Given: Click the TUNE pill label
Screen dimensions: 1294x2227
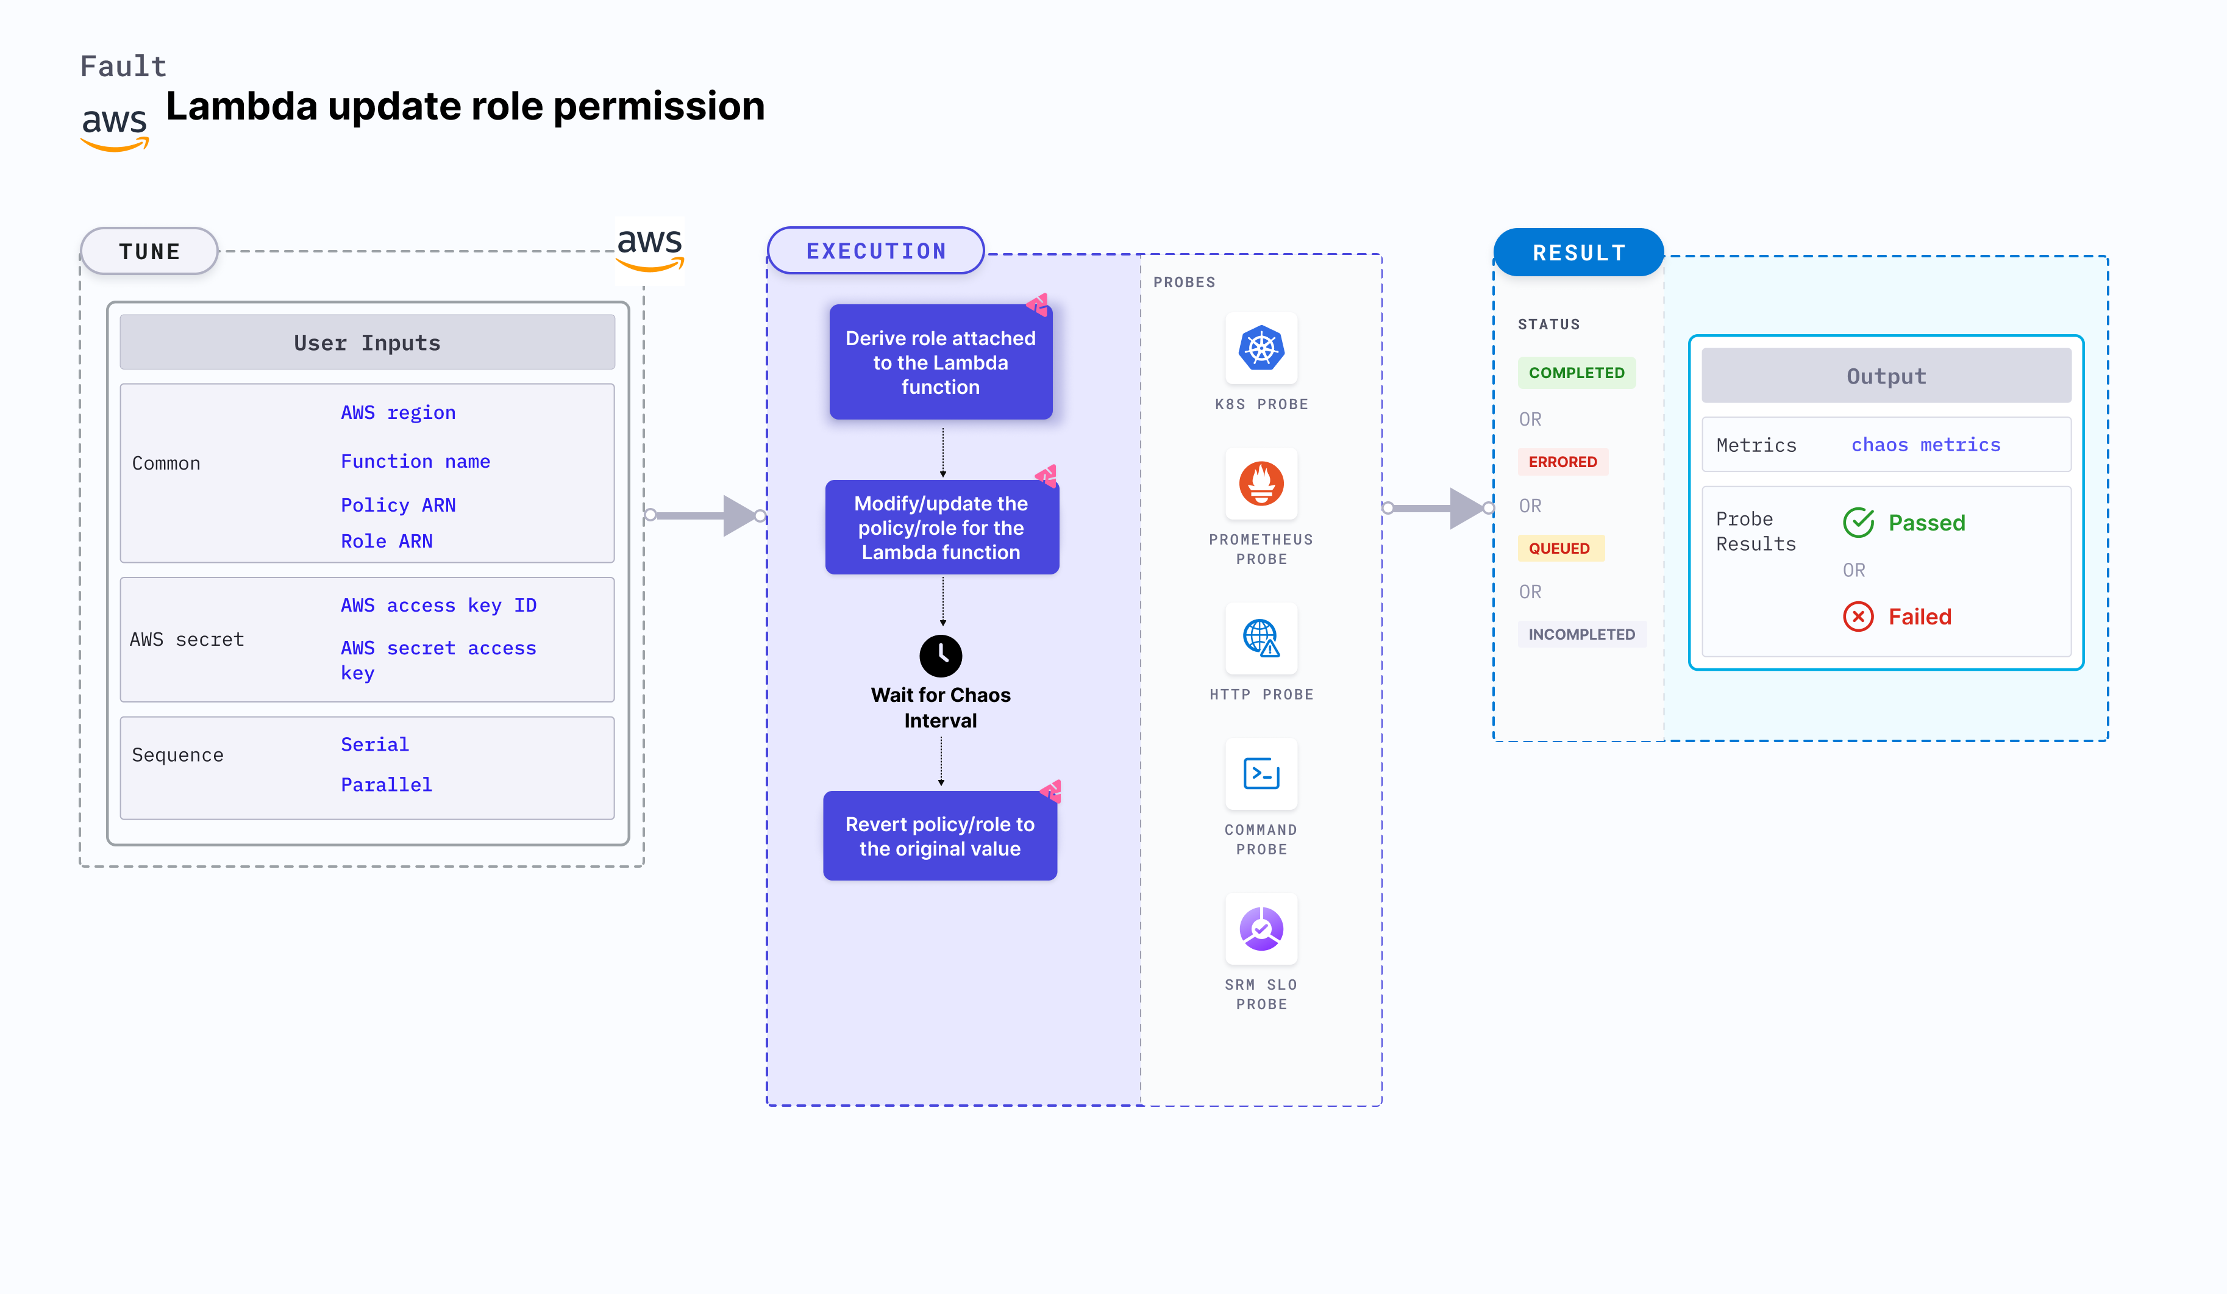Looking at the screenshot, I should [149, 251].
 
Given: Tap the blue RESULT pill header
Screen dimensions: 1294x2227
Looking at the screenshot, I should [1578, 253].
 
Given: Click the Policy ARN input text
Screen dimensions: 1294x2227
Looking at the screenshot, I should [397, 505].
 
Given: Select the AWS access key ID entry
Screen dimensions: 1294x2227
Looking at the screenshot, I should [438, 606].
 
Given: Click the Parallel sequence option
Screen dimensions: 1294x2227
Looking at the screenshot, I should [386, 785].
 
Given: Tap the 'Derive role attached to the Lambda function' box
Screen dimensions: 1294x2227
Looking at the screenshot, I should [940, 362].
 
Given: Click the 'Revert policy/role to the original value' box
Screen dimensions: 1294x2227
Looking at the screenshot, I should [939, 836].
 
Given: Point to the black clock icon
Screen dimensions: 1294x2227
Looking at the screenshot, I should [940, 656].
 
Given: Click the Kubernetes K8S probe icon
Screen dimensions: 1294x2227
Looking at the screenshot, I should [1261, 348].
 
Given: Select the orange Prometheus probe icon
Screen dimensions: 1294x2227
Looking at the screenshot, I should [1261, 484].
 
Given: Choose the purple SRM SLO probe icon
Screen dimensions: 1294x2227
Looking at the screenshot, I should [1261, 929].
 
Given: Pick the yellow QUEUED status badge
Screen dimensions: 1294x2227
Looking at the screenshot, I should [1559, 548].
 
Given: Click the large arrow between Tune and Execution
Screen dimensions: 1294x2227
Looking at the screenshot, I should [707, 515].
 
